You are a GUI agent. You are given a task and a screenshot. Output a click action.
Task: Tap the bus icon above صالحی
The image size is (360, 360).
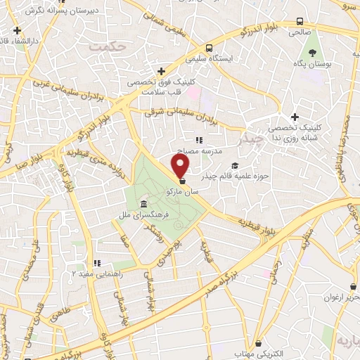(x=300, y=21)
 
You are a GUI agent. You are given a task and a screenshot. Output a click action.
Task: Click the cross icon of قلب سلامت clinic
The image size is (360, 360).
(x=162, y=71)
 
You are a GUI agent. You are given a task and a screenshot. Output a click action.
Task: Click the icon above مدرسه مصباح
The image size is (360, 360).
(x=200, y=140)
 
